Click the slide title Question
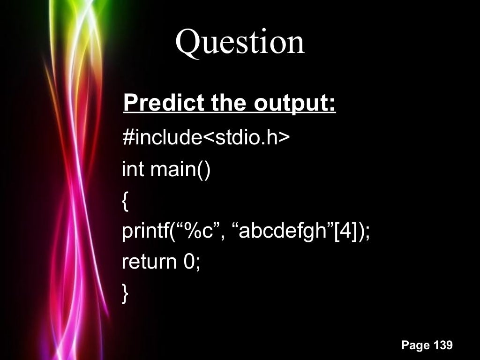[x=240, y=42]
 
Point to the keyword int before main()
[x=133, y=169]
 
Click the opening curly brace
[x=125, y=201]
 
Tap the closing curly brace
[x=125, y=293]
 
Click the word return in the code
[x=149, y=262]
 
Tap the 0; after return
[x=192, y=262]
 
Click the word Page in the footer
[x=415, y=346]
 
